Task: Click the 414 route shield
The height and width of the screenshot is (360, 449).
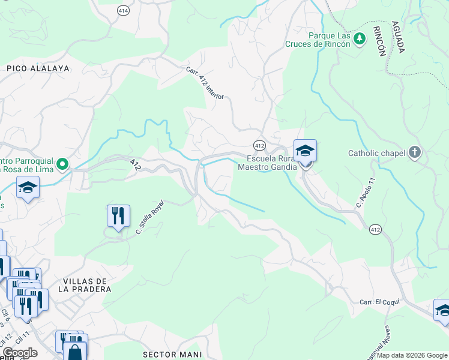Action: click(123, 11)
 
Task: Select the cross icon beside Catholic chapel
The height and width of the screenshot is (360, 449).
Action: click(415, 152)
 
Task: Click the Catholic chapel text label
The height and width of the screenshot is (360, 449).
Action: click(376, 153)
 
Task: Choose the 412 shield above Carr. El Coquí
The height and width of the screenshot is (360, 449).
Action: click(375, 230)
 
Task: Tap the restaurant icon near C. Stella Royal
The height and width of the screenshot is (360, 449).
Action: click(118, 216)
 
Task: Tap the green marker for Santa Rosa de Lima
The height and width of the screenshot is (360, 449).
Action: click(62, 163)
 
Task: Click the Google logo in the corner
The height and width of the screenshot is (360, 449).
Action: click(20, 353)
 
